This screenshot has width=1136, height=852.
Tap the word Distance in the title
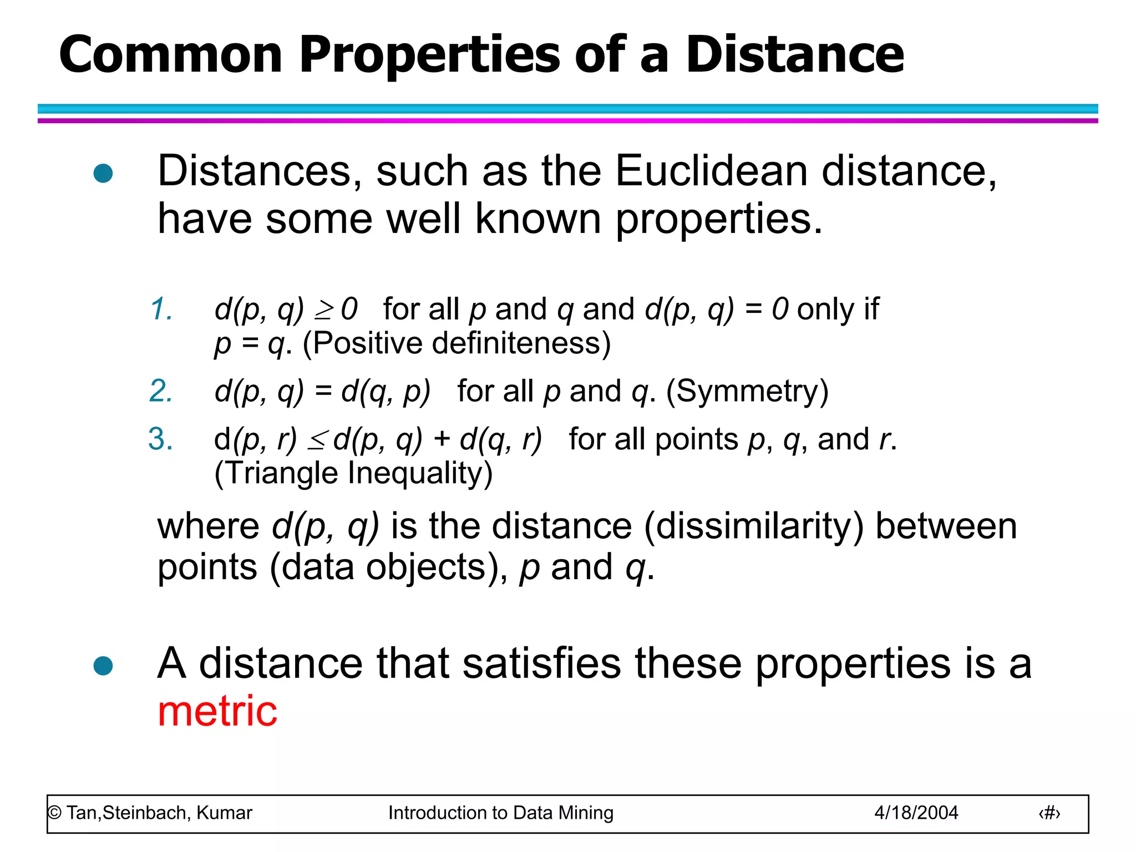point(794,54)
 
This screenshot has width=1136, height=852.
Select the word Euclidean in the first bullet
point(711,171)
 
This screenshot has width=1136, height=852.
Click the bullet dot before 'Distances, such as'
point(103,174)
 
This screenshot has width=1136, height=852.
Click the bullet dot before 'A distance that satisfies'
point(103,666)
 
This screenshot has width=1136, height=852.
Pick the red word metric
point(217,711)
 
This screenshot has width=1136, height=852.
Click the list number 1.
point(161,309)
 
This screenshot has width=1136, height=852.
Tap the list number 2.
point(161,391)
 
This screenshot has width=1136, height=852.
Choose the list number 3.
point(161,439)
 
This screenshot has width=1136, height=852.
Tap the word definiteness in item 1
point(521,343)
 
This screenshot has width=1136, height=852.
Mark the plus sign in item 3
point(442,439)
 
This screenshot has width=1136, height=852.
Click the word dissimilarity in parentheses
point(753,526)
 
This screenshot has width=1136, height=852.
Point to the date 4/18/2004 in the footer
point(916,813)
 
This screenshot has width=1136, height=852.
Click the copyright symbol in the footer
point(54,813)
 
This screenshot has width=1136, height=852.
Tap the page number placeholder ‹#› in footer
point(1049,813)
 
